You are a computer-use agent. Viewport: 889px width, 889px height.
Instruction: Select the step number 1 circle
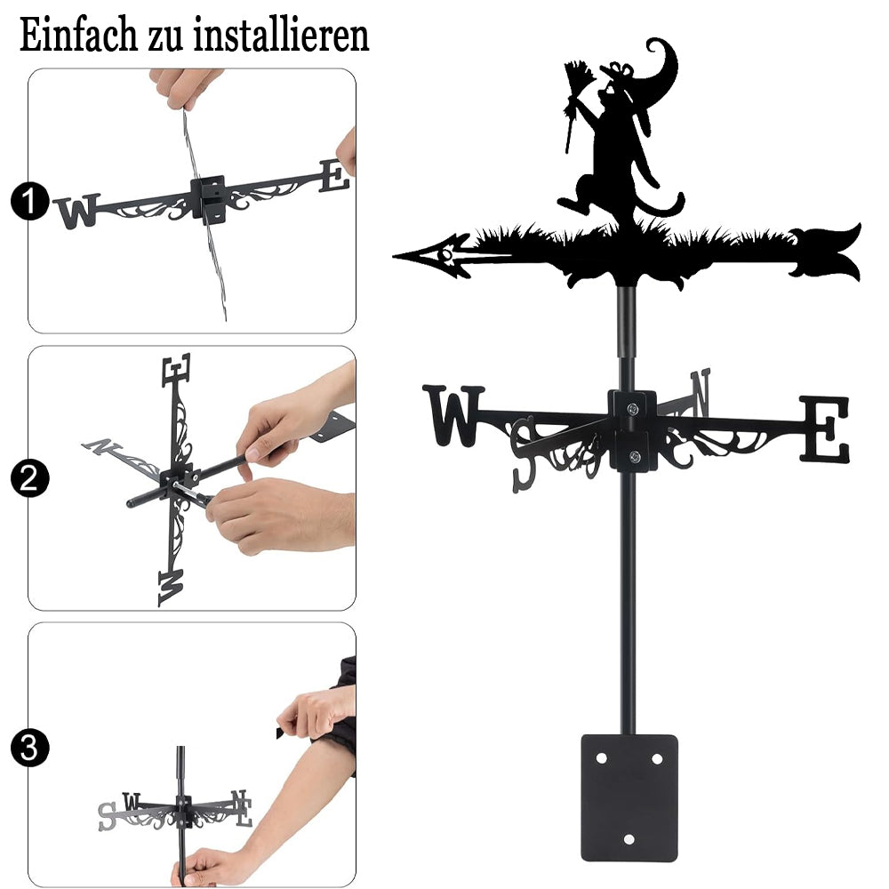point(29,200)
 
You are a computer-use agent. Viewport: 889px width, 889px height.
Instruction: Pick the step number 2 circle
point(29,478)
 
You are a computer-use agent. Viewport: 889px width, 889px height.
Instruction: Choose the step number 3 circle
point(29,748)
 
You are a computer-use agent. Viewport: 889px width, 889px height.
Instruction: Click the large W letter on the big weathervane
point(453,415)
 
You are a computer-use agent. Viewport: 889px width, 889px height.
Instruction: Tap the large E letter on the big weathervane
point(825,428)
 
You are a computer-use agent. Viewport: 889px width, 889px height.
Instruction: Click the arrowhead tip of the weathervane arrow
point(394,257)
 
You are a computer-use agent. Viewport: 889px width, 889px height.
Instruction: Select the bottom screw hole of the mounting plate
point(629,839)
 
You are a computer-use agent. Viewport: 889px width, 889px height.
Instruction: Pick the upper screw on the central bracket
point(632,408)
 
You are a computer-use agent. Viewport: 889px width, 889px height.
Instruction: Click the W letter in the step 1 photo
point(77,211)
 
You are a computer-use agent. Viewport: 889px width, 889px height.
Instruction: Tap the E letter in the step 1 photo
point(334,176)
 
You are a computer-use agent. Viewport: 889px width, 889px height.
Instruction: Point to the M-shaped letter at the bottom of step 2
point(172,588)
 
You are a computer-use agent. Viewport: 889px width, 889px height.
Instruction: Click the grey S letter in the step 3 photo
point(107,816)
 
